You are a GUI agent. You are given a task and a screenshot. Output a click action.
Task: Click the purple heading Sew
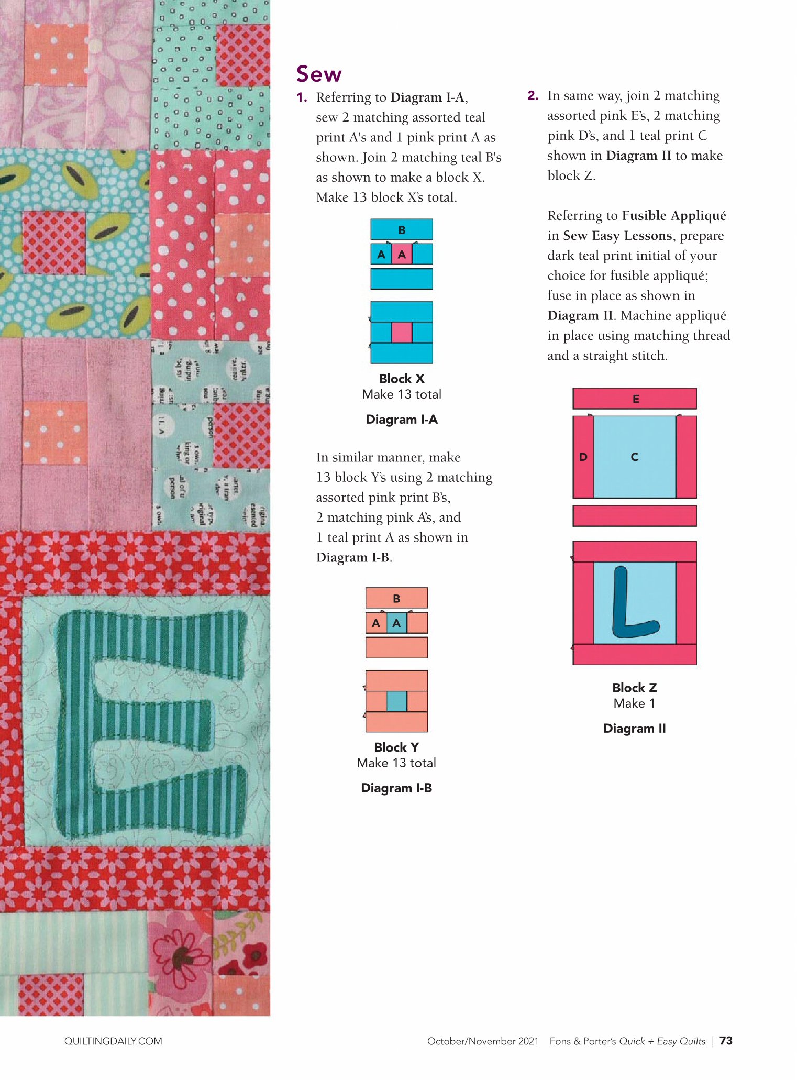(318, 74)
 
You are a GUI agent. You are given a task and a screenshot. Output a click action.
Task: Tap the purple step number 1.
(301, 97)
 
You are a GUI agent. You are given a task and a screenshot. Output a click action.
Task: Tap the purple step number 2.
(533, 95)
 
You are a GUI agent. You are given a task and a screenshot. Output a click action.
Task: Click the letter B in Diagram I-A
(402, 230)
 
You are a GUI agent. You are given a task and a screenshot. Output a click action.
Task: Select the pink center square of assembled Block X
(402, 333)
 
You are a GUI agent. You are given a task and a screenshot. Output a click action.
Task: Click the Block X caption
(402, 379)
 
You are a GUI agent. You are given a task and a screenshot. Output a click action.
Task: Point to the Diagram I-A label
(402, 420)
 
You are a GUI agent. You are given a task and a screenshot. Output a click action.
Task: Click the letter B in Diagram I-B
(396, 599)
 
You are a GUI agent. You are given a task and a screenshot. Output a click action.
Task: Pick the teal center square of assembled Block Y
(396, 701)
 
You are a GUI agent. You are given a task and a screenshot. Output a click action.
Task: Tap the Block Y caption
(396, 747)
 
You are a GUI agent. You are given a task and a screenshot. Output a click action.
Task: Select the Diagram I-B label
(396, 788)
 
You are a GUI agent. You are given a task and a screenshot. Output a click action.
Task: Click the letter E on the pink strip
(636, 399)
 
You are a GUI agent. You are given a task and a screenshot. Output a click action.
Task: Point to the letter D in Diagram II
(583, 457)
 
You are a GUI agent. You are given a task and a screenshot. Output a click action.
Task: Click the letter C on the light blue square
(634, 457)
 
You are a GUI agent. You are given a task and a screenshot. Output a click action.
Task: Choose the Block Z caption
(634, 688)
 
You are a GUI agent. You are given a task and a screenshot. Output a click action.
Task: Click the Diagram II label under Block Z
(634, 729)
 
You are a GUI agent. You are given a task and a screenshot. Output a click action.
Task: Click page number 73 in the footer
(726, 1041)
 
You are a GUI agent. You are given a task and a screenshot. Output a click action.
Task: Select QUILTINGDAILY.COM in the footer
(113, 1041)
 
